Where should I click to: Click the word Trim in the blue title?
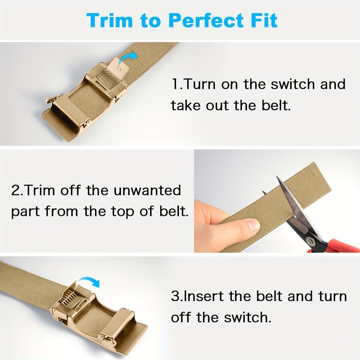[109, 21]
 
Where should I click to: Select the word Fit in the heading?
[264, 21]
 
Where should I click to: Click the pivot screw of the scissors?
[311, 241]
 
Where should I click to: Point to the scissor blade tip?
[277, 177]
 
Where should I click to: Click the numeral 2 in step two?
[16, 190]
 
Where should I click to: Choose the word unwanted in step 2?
[147, 190]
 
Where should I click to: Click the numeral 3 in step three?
[176, 296]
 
